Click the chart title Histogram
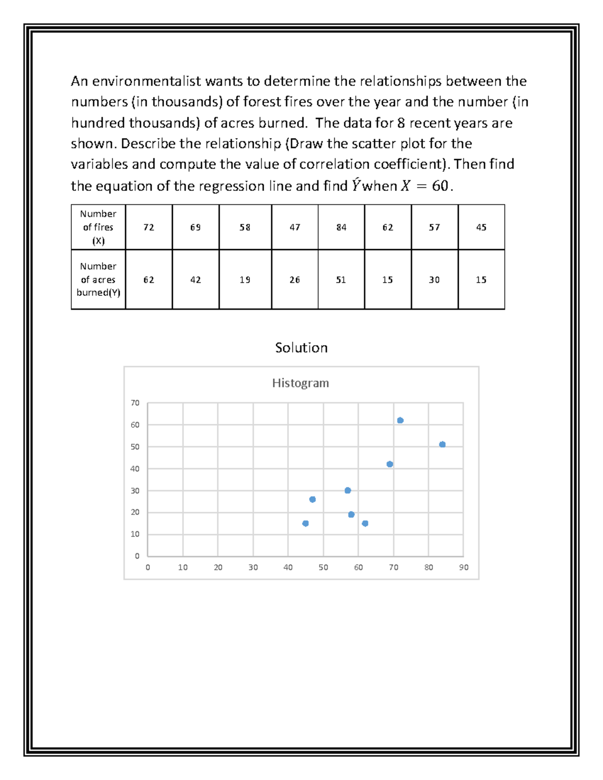click(x=300, y=383)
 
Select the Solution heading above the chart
click(x=301, y=348)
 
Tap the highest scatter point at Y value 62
click(x=400, y=420)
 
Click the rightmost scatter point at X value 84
click(x=442, y=444)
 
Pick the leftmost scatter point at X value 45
click(x=306, y=523)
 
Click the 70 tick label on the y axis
click(x=135, y=403)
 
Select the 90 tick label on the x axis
click(x=463, y=568)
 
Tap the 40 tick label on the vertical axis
click(x=135, y=469)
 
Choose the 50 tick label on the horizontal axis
click(x=323, y=568)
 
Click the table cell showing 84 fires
click(x=341, y=228)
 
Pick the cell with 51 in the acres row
click(x=341, y=280)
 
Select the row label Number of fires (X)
click(x=98, y=228)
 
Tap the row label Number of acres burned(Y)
click(x=98, y=280)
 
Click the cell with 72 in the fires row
click(x=149, y=228)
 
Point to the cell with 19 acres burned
click(x=245, y=280)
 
